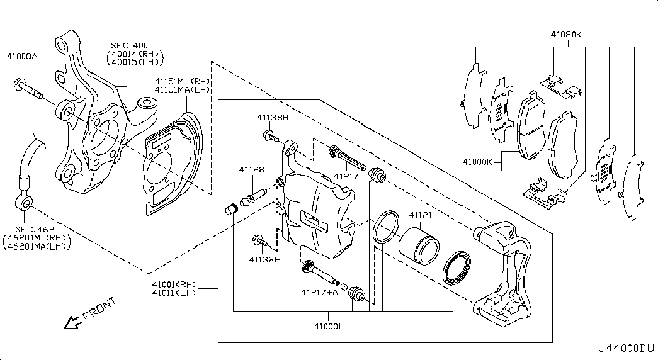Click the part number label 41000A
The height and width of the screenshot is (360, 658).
coord(22,57)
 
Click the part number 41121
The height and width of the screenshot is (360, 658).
coord(420,215)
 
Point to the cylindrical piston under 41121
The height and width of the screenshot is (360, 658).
coord(420,246)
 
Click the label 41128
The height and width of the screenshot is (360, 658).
coord(251,169)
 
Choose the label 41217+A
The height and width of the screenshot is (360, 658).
coord(319,292)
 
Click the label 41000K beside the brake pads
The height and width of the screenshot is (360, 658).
coord(479,162)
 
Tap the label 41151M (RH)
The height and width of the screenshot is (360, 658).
coord(182,81)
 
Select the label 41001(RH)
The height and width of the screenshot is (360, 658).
coord(174,284)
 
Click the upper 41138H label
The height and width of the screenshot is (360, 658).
coord(272,118)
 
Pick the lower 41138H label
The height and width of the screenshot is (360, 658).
coord(264,259)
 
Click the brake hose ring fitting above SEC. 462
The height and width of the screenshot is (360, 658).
coord(23,202)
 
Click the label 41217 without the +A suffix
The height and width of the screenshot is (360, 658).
coord(346,177)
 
